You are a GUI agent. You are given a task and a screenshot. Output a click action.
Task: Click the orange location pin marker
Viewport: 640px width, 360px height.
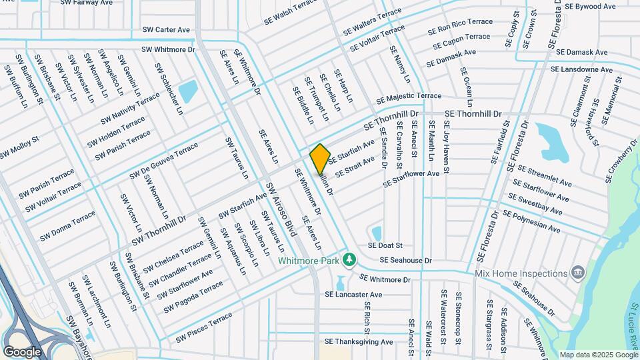point(321,158)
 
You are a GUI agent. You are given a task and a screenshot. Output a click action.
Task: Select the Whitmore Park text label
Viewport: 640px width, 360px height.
point(309,260)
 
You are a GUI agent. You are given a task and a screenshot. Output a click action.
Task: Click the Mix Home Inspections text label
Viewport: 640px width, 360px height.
point(520,273)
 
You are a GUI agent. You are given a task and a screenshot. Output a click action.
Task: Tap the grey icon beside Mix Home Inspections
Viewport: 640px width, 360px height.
point(578,272)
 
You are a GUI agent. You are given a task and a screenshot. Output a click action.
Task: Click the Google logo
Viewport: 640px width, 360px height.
point(22,351)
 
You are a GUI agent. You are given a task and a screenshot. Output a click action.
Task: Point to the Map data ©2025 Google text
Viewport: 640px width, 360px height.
point(598,355)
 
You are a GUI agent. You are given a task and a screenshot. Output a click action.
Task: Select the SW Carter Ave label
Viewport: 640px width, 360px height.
point(166,30)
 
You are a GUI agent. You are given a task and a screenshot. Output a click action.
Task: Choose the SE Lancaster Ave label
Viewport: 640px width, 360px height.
point(353,294)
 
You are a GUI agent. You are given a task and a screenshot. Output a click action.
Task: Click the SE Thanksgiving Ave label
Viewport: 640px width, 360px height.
point(359,342)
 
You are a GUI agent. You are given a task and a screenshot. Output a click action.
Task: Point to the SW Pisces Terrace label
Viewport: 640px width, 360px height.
point(204,328)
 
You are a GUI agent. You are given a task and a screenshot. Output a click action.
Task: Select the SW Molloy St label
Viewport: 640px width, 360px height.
point(19,148)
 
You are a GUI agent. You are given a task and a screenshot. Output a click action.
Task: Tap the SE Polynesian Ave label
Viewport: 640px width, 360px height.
point(531,221)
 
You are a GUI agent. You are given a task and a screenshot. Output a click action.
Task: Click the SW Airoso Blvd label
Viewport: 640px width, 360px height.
point(280,209)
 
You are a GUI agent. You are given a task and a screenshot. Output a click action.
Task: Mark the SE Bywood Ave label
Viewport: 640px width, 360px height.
point(590,6)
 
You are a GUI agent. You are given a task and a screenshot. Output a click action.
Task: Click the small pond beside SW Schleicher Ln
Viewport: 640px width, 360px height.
point(188,91)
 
